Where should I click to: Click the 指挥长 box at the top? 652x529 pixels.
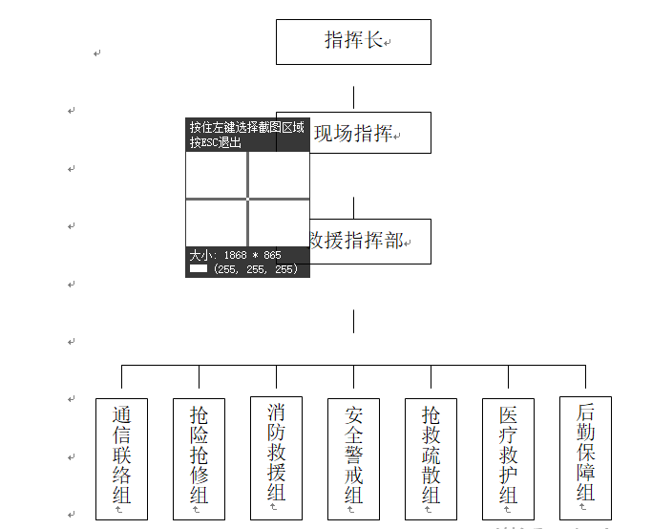[x=353, y=41]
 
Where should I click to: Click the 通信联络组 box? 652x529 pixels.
[x=121, y=458]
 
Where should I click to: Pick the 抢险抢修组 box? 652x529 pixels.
[x=199, y=458]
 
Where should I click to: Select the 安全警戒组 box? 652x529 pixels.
[x=353, y=458]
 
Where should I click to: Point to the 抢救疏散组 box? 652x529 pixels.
[x=431, y=458]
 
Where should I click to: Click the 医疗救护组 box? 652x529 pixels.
[x=508, y=458]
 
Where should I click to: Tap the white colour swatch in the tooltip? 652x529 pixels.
[x=199, y=269]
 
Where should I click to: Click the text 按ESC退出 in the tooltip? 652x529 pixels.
[x=216, y=143]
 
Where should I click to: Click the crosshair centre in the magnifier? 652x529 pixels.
[x=248, y=199]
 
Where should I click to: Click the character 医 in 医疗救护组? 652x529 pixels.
[x=508, y=416]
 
